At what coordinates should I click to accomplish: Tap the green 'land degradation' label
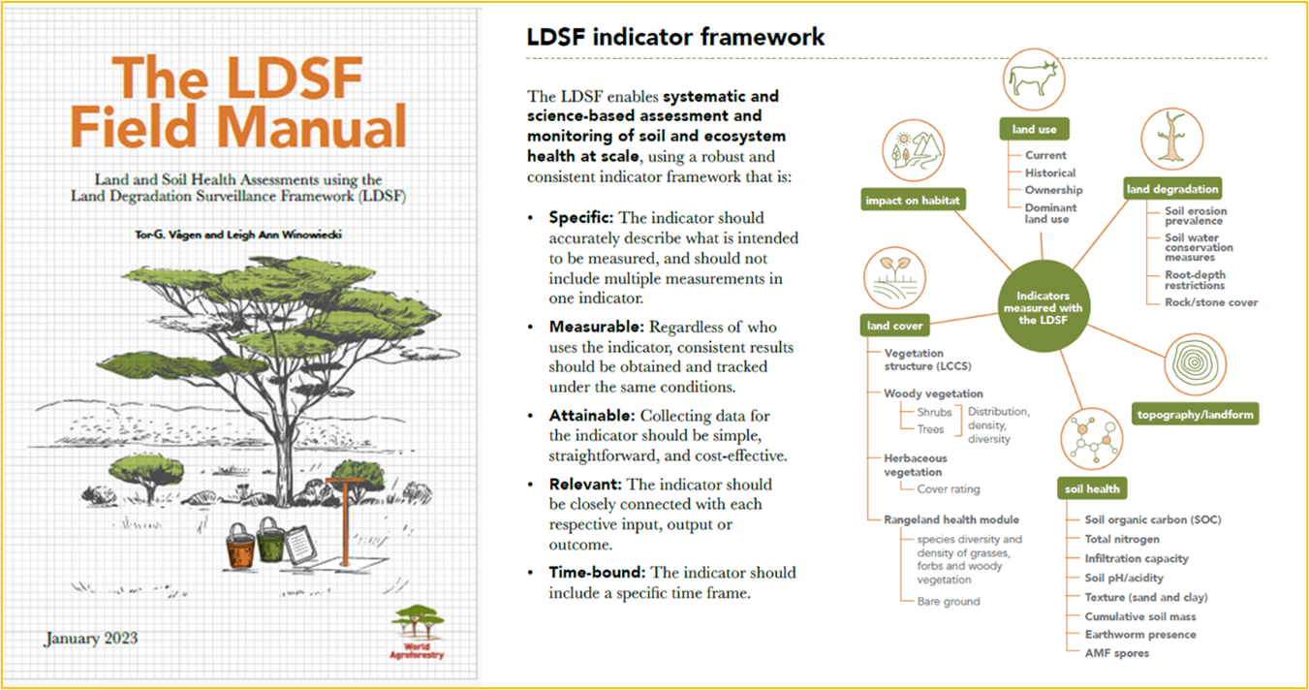coord(1172,189)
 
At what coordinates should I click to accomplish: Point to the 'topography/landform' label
coord(1195,415)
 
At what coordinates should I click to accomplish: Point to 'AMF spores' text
coord(1117,653)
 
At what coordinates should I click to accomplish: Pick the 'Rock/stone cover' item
coord(1211,302)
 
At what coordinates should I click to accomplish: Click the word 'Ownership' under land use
coord(1053,190)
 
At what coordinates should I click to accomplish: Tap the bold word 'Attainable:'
coord(592,416)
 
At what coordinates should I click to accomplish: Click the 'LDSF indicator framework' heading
coord(675,38)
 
